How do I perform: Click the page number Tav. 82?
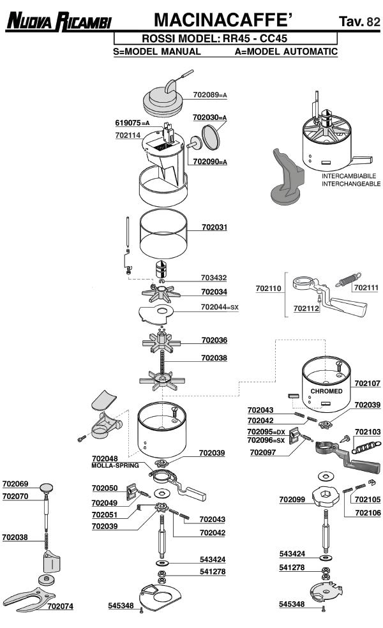(x=360, y=22)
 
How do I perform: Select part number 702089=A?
(x=209, y=95)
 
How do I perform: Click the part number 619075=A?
(x=132, y=123)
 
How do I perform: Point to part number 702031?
(x=214, y=227)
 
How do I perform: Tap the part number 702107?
(x=367, y=384)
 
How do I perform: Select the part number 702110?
(x=268, y=288)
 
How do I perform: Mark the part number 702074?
(x=60, y=606)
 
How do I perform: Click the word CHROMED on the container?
(x=326, y=391)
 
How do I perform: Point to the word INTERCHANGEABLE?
(x=351, y=183)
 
